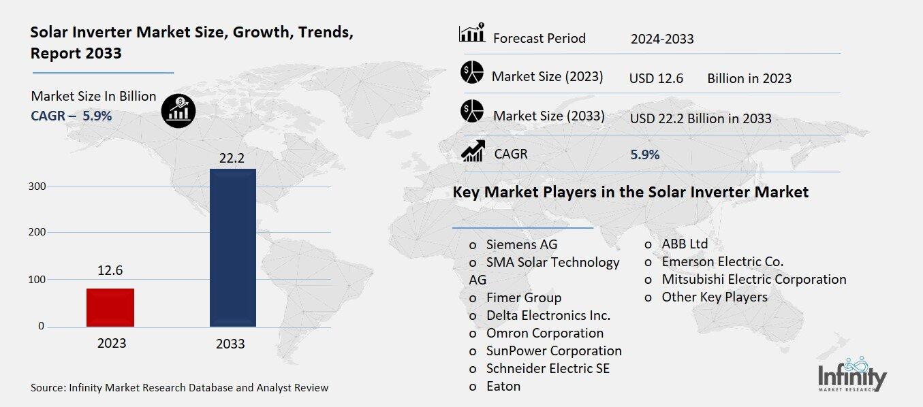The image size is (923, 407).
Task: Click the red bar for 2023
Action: (110, 308)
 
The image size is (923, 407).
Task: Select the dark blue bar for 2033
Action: (232, 248)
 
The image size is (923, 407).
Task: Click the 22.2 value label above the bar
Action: (232, 158)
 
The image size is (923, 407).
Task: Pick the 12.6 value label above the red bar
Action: (110, 271)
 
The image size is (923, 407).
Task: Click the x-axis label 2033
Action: (230, 344)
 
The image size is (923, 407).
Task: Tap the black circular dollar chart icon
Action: (178, 110)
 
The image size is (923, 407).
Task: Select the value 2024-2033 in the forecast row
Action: (662, 39)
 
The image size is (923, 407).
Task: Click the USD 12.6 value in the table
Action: (656, 78)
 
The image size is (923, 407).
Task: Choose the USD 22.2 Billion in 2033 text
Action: (700, 118)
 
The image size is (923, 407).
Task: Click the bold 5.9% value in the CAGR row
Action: (644, 154)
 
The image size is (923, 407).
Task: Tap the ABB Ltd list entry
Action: (684, 244)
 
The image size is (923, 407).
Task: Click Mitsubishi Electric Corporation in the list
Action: (753, 279)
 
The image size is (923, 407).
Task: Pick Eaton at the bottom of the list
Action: (503, 386)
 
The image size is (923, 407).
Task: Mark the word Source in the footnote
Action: (46, 388)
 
